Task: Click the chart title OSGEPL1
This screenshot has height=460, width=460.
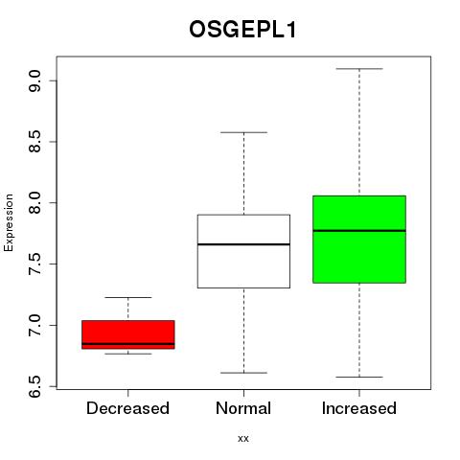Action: [243, 30]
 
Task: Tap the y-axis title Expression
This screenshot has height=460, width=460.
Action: [9, 222]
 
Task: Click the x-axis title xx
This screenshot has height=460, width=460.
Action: [243, 439]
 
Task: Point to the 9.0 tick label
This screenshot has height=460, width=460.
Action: [34, 81]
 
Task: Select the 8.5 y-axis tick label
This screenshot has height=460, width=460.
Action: [34, 142]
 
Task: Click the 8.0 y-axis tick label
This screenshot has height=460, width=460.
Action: [34, 203]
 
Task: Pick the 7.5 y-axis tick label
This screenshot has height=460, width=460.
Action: [34, 264]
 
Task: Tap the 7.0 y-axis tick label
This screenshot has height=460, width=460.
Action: [34, 325]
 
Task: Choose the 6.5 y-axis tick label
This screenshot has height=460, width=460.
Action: [34, 386]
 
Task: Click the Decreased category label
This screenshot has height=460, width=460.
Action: [127, 408]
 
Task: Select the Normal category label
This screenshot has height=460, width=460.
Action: [243, 408]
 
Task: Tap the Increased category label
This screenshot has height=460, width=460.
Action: [359, 408]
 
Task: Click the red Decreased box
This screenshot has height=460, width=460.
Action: [128, 334]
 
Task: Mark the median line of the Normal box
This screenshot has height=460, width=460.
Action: [243, 244]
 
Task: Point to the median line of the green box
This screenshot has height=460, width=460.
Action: [359, 230]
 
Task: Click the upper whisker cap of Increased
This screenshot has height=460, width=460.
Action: [359, 69]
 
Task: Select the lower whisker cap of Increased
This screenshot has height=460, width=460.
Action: [359, 377]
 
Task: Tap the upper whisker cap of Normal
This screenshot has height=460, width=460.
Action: [243, 132]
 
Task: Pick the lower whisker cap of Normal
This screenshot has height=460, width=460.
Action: [243, 373]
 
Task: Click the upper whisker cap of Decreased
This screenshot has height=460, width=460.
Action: [128, 297]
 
